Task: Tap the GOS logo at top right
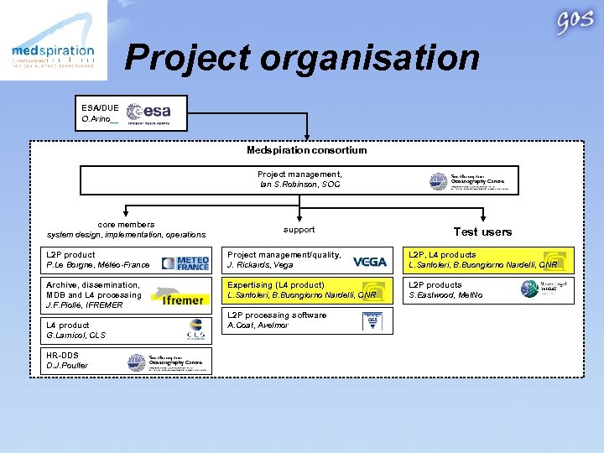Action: (574, 23)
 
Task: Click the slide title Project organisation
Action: (302, 58)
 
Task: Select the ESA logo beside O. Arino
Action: (148, 113)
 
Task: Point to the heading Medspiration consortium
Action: (306, 150)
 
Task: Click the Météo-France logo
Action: (185, 263)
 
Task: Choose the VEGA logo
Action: (369, 262)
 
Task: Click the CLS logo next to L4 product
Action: (195, 330)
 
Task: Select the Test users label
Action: (482, 232)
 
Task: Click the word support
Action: (299, 229)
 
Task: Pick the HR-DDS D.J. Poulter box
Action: (128, 361)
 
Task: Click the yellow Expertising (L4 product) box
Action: (308, 290)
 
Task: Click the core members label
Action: (126, 225)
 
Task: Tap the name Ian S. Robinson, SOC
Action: (300, 184)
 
